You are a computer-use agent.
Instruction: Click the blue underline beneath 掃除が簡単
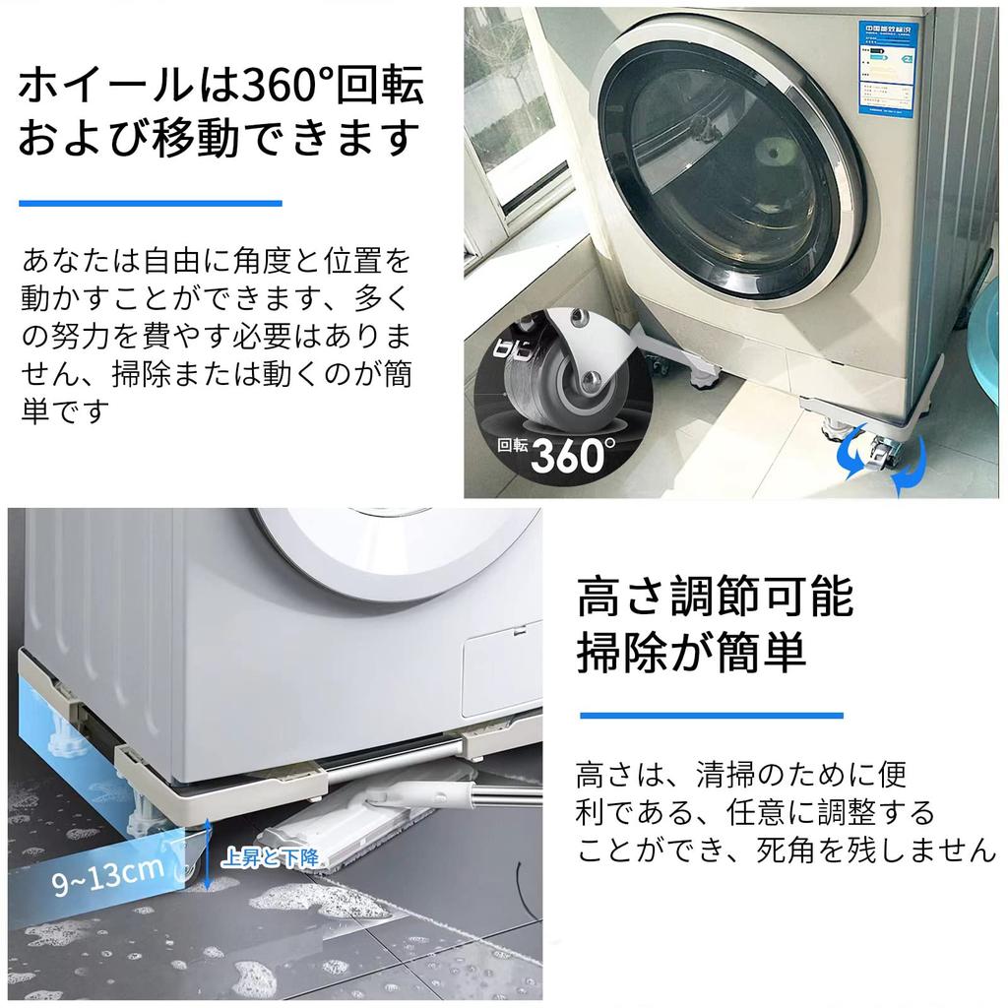pyautogui.click(x=711, y=716)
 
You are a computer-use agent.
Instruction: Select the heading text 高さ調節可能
pyautogui.click(x=715, y=598)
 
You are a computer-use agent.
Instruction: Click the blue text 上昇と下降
pyautogui.click(x=270, y=858)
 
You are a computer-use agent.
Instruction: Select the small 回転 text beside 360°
pyautogui.click(x=512, y=445)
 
